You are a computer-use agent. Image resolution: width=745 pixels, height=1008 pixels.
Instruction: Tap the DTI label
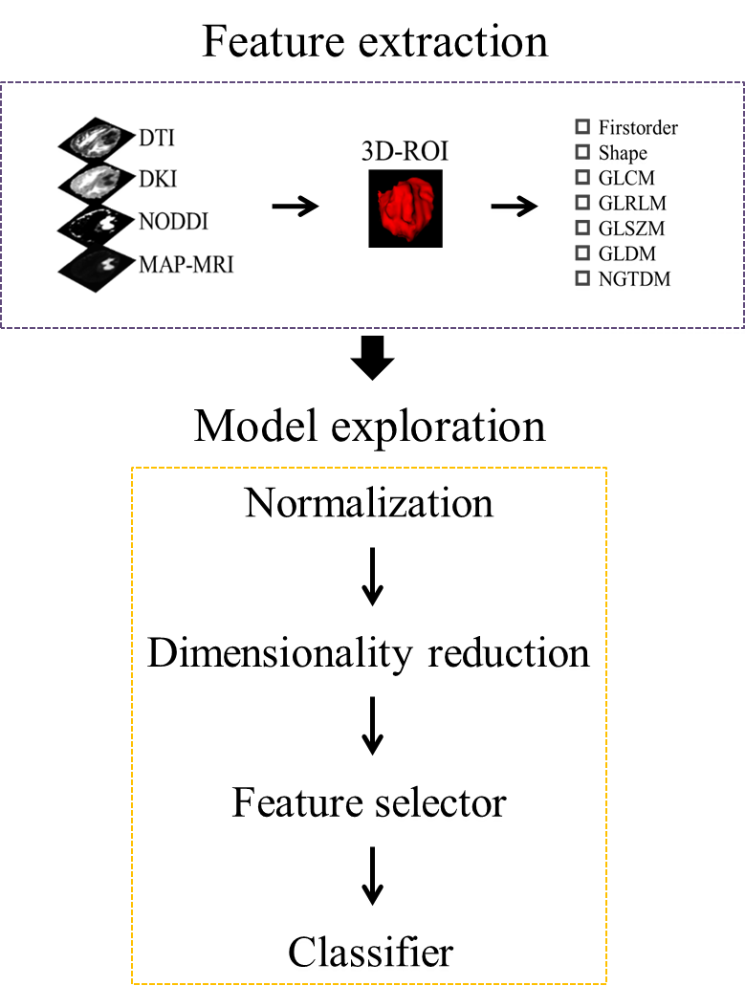coord(159,141)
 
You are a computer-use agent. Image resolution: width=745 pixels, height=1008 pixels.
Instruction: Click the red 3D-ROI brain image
coord(405,208)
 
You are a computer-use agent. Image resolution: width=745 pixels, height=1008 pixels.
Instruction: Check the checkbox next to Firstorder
coord(581,127)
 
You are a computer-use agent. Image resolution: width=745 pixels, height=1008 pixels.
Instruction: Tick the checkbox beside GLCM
coord(581,177)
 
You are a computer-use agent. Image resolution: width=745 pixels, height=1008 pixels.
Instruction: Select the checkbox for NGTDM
coord(581,279)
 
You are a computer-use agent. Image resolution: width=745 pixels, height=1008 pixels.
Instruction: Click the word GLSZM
coord(631,229)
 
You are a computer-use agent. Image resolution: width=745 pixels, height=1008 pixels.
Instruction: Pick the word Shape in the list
coord(623,153)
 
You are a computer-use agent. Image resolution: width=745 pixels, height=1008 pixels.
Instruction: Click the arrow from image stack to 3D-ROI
coord(295,206)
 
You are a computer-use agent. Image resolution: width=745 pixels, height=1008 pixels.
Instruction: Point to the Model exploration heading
coord(370,426)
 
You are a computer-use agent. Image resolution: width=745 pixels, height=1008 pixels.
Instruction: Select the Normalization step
coord(369,503)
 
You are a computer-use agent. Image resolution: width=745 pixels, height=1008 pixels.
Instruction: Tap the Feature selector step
coord(369,802)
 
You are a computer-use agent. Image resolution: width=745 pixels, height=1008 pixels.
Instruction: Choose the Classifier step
coord(371,953)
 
